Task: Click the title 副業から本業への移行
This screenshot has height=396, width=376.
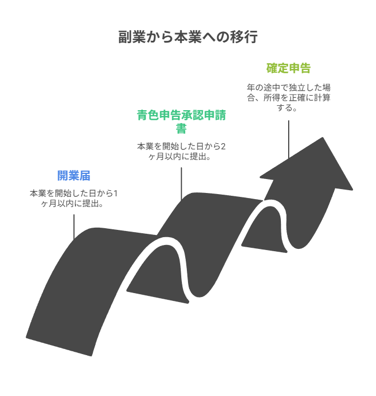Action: click(x=188, y=37)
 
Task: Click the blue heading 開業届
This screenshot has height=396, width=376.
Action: click(x=74, y=176)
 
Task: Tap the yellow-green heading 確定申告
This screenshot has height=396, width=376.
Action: click(x=288, y=69)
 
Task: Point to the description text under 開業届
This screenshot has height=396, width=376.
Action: click(x=74, y=198)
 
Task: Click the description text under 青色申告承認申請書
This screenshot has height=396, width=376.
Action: click(x=181, y=152)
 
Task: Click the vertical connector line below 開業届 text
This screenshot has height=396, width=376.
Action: click(x=74, y=227)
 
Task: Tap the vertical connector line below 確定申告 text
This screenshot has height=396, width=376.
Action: click(x=288, y=140)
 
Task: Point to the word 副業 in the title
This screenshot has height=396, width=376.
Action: click(x=130, y=37)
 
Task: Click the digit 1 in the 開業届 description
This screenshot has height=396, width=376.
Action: click(x=115, y=194)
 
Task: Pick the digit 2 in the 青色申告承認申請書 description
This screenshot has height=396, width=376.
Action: click(x=223, y=147)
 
